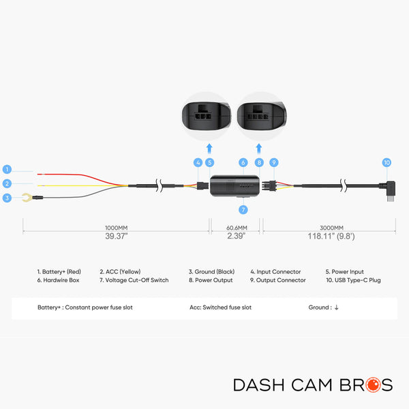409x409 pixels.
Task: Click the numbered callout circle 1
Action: pyautogui.click(x=7, y=169)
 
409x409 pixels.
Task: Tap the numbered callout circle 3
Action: pyautogui.click(x=7, y=198)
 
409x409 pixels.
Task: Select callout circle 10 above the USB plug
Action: pyautogui.click(x=387, y=162)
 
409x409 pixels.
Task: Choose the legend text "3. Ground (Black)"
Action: pyautogui.click(x=211, y=272)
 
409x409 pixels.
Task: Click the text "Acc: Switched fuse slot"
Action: pyautogui.click(x=220, y=307)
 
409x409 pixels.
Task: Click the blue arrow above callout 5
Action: pyautogui.click(x=209, y=147)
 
